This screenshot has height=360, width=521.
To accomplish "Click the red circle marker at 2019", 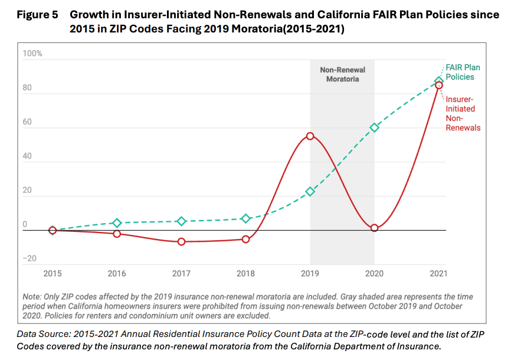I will coord(310,136).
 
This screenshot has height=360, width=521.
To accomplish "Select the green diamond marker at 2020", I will coord(375,127).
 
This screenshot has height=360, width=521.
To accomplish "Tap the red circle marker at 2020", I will coord(375,228).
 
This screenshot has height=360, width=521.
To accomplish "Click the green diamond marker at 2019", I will coord(310,192).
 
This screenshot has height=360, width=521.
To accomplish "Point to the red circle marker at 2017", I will coord(182,242).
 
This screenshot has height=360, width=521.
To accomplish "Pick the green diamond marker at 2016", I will coord(117,223).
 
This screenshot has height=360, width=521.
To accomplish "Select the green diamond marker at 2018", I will coord(246,218).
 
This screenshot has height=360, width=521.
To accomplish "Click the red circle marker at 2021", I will coord(439,86).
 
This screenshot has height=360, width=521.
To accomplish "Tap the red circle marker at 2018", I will coord(246,239).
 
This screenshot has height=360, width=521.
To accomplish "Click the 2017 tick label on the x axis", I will coord(182,273).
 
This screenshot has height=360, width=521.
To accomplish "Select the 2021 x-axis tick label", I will coord(438,273).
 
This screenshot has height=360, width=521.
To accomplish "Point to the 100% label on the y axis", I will coord(32,54).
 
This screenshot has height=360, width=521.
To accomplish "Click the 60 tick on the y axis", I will coord(27,122).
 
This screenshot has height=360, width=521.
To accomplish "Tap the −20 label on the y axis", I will coord(30,258).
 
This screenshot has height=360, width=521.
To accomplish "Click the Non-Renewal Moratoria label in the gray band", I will coord(342,74).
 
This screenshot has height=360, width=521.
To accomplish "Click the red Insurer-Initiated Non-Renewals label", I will coord(463,113).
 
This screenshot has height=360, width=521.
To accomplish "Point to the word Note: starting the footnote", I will coord(34,297).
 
